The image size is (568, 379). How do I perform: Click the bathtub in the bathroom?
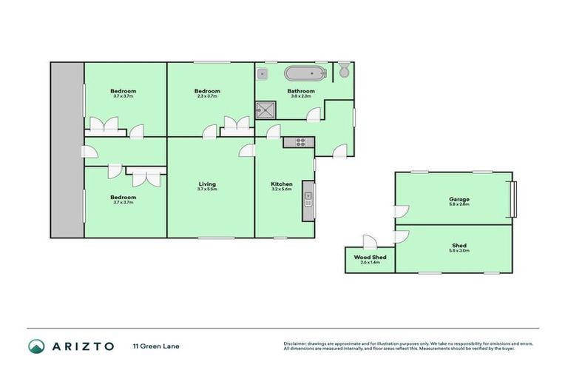coord(305,73)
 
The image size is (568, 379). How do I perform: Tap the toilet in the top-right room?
coord(345,71)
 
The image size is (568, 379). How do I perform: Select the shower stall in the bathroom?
coord(263,111)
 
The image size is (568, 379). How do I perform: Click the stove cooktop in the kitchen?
coord(300,141)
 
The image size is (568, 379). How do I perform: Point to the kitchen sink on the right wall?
coord(308,199)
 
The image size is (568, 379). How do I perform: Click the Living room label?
coord(206,184)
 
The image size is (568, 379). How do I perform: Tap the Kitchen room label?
coord(282,184)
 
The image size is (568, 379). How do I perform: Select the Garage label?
coord(459,199)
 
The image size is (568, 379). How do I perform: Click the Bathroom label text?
coord(301,91)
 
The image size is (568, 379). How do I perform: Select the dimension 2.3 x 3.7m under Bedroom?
coord(208,96)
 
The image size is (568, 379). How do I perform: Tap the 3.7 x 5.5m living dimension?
coord(206,189)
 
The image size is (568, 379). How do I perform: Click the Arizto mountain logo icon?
coord(35,346)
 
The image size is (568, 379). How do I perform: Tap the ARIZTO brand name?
coord(82,346)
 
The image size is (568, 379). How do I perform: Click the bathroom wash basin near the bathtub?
coord(264,73)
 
